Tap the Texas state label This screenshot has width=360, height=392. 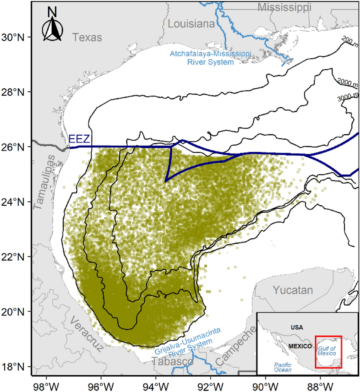[x=87, y=37]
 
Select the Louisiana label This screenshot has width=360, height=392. [x=191, y=24]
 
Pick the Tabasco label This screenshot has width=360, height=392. [x=172, y=362]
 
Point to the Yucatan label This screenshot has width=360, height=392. [x=293, y=290]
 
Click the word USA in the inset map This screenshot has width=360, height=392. [x=297, y=328]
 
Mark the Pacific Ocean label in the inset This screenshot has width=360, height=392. [x=282, y=367]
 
